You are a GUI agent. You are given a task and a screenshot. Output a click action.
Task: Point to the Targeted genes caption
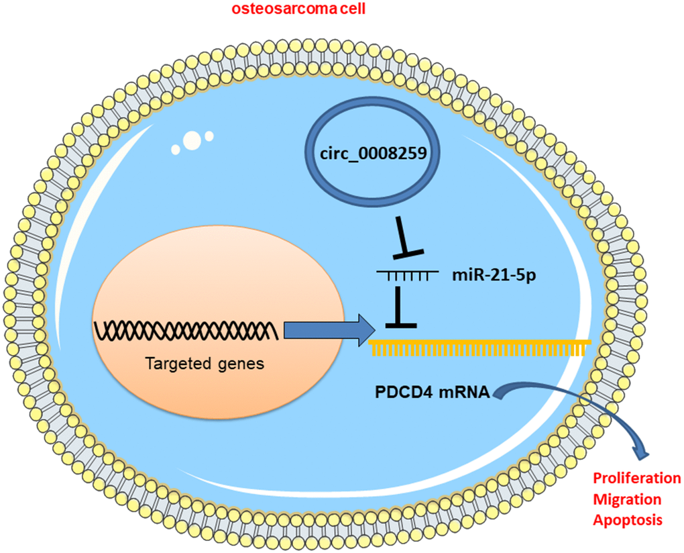(x=186, y=366)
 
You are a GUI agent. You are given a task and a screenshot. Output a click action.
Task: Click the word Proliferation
(x=636, y=479)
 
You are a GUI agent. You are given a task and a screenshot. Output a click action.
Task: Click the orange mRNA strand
(x=480, y=346)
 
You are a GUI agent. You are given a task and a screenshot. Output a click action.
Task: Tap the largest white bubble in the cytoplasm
(x=192, y=140)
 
